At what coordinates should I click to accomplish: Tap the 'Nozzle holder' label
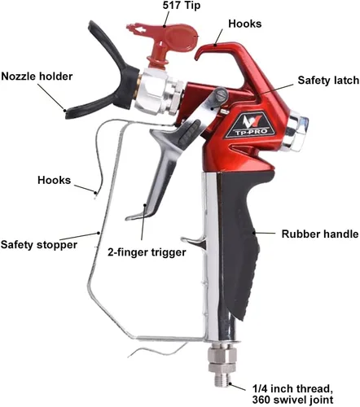pos(37,77)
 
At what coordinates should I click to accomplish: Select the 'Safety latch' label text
pos(328,81)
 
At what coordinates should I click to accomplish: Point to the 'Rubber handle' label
pos(320,234)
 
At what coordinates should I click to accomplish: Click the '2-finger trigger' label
pos(147,252)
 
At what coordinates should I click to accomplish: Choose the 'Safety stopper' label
pos(39,244)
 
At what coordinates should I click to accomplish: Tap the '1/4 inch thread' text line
pos(292,389)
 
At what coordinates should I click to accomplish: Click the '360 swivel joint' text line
pos(292,400)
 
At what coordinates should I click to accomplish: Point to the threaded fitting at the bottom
pos(222,366)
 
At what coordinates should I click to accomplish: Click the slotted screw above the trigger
pos(220,94)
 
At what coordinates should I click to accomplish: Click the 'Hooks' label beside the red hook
pos(245,24)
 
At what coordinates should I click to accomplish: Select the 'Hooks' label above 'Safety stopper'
pos(54,180)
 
